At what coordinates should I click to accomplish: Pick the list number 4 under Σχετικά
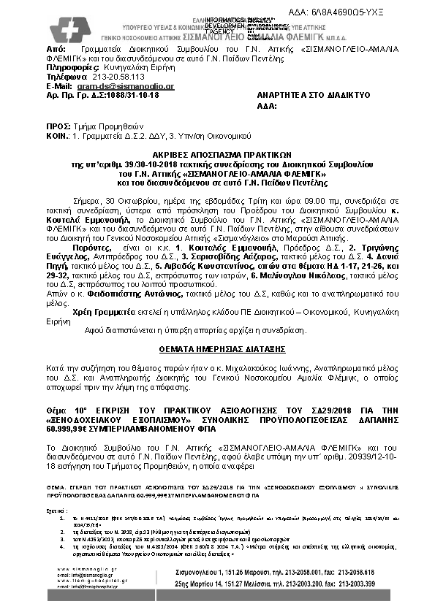tap(61, 544)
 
